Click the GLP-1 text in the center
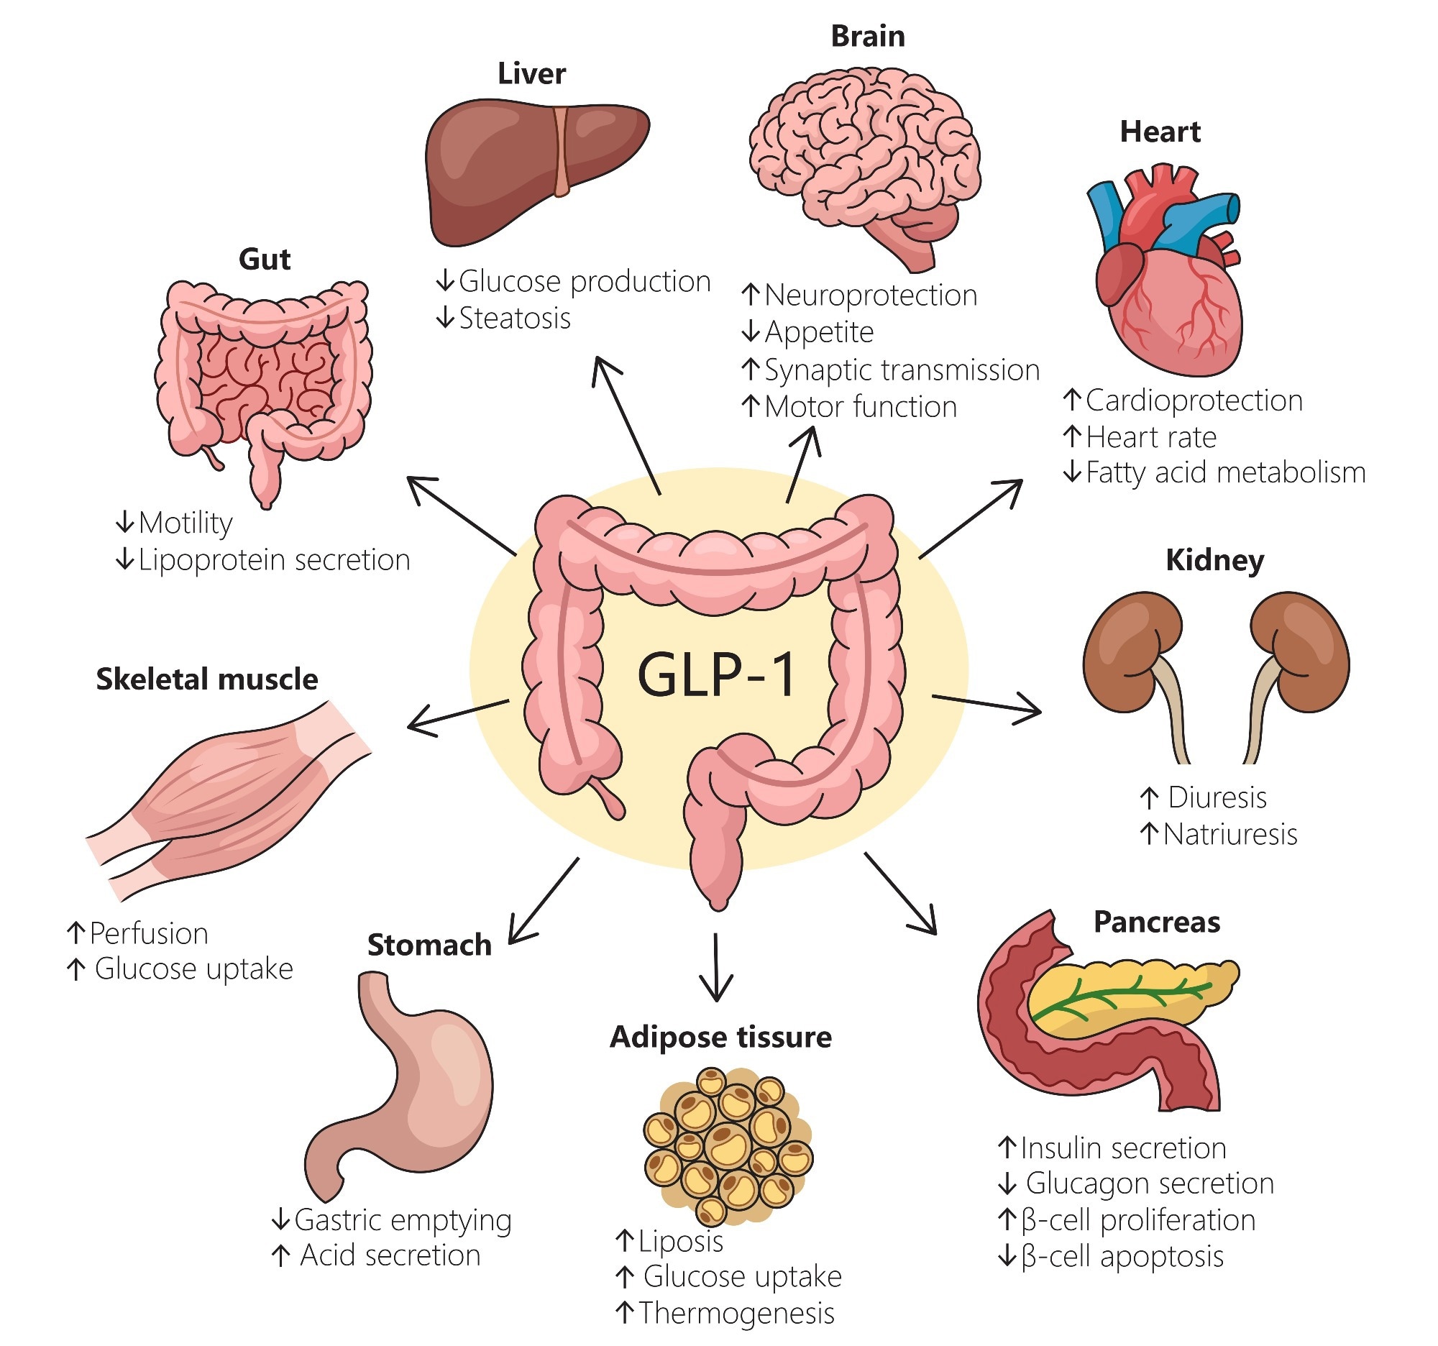tap(716, 674)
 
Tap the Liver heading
tap(531, 74)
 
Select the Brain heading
tap(867, 36)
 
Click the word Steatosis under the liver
tap(514, 319)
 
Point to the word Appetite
tap(819, 333)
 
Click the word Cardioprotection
tap(1194, 400)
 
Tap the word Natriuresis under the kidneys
tap(1229, 835)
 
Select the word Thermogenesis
tap(736, 1313)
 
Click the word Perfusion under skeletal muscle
tap(149, 934)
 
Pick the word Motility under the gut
tap(186, 523)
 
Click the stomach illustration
tap(405, 1085)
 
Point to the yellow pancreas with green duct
tap(1128, 998)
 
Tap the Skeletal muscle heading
tap(207, 679)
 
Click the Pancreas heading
tap(1156, 922)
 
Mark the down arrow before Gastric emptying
tap(280, 1220)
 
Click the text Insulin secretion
tap(1122, 1148)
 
